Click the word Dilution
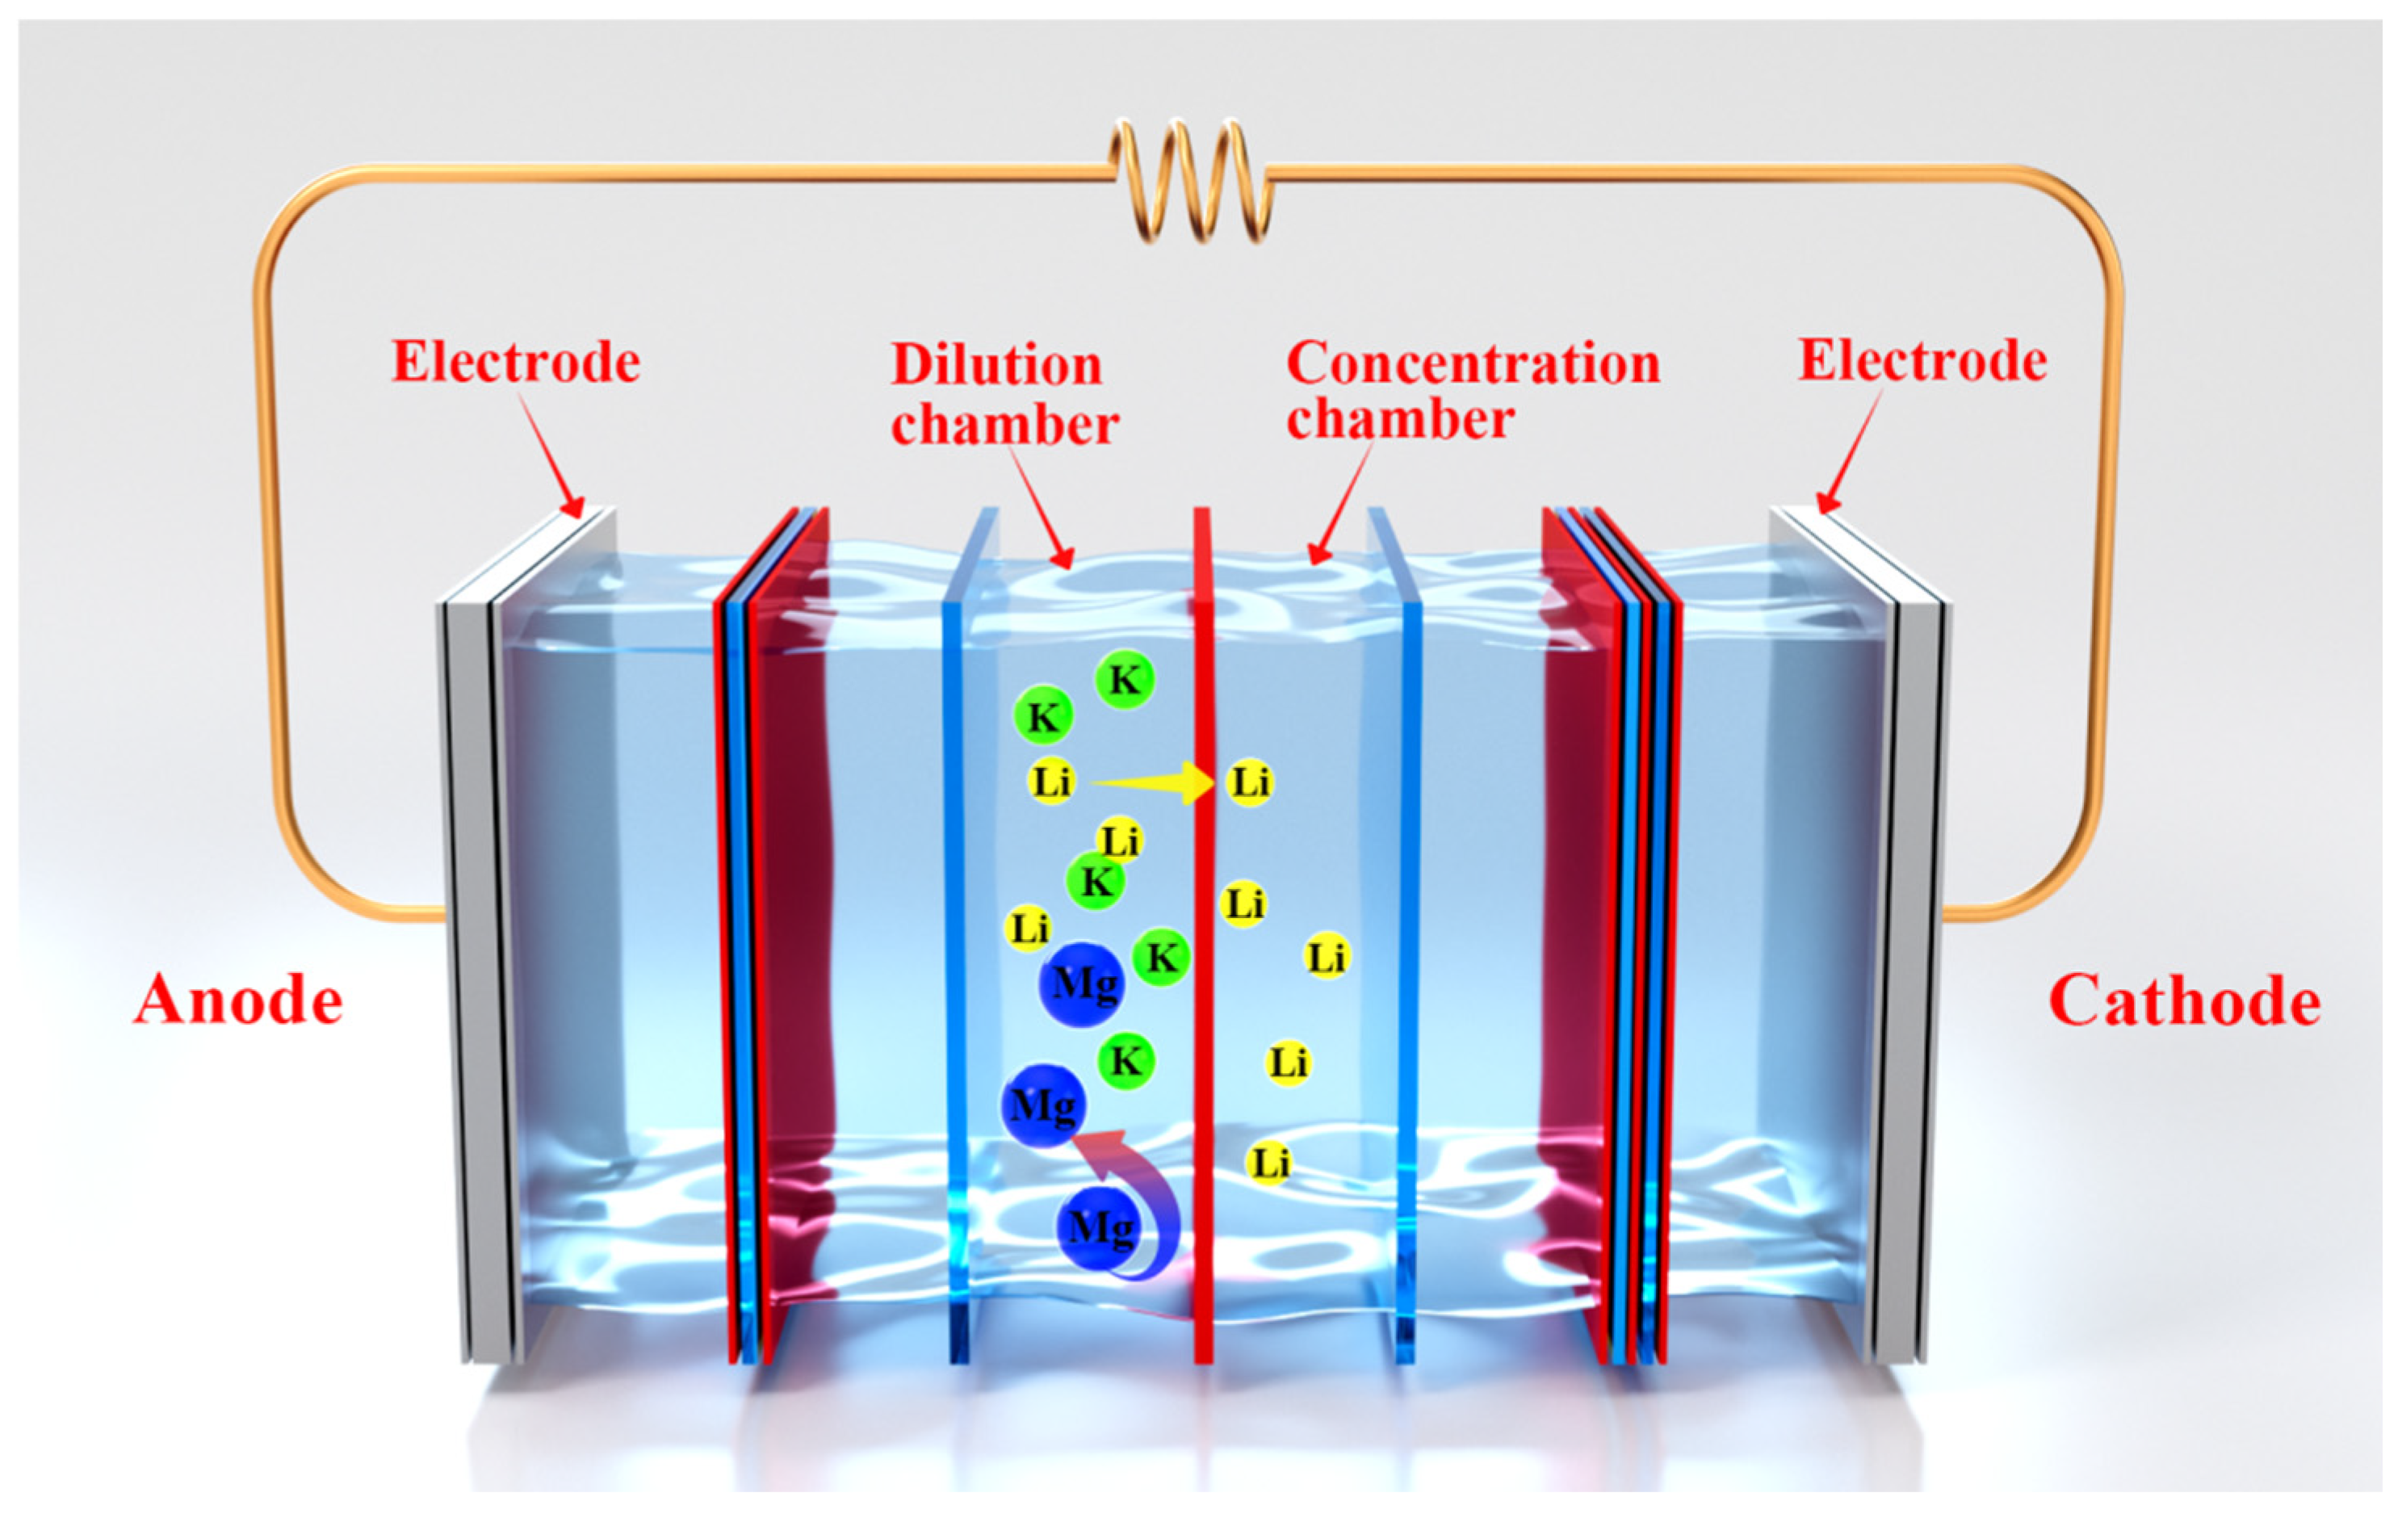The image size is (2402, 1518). tap(996, 365)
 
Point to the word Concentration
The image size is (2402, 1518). tap(1473, 363)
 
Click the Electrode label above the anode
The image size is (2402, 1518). tap(515, 361)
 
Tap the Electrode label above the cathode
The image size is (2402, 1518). tap(1922, 360)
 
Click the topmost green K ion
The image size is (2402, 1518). tap(1124, 680)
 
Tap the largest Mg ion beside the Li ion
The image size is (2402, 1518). tap(1081, 984)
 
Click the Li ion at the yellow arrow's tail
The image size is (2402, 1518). tap(1051, 782)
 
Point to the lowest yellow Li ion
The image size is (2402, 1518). tap(1269, 1163)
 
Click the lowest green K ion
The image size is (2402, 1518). tap(1126, 1060)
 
